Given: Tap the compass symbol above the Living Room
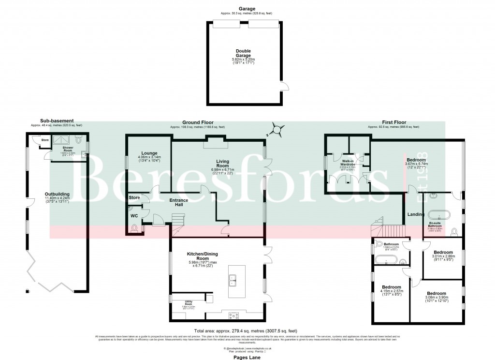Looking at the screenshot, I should [276, 129].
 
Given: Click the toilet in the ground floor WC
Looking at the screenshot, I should [135, 228].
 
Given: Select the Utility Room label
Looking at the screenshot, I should [189, 303].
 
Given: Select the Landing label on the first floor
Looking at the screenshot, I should [416, 214].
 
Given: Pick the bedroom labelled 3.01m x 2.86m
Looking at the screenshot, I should [443, 255].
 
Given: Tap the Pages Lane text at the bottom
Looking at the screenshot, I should [247, 356].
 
